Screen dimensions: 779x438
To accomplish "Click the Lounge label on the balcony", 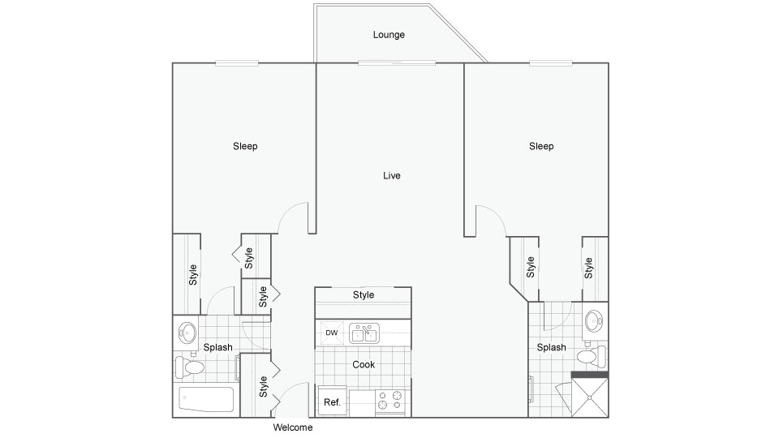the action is click(x=389, y=35).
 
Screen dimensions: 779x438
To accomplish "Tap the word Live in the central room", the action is click(x=391, y=175).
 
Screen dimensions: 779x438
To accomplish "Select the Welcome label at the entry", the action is click(x=293, y=427).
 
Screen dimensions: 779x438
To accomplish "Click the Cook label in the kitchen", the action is click(x=364, y=364).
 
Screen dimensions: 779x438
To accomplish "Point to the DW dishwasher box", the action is click(x=331, y=333).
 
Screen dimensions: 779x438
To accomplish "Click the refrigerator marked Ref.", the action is click(x=333, y=401).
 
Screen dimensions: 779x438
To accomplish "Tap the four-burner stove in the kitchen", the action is click(x=390, y=402).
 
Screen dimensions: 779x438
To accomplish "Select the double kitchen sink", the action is click(x=364, y=333).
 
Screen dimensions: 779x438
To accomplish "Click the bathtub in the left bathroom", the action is click(x=205, y=399).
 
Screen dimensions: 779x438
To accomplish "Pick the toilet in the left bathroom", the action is click(x=189, y=367).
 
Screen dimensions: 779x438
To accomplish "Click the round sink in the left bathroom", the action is click(x=187, y=333).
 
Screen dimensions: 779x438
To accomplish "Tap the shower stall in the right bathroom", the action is click(x=589, y=397).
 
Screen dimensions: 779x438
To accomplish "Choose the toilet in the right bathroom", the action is click(x=592, y=356).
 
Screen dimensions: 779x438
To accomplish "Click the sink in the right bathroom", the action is click(x=594, y=321).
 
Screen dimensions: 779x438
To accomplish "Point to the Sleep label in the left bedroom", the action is click(x=245, y=146).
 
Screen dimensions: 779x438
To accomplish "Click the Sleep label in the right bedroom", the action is click(x=541, y=146).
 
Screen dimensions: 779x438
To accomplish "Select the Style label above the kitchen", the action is click(x=364, y=294).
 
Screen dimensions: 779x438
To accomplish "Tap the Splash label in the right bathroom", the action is click(x=551, y=347).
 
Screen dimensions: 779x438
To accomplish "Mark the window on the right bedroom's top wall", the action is click(x=550, y=63).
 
